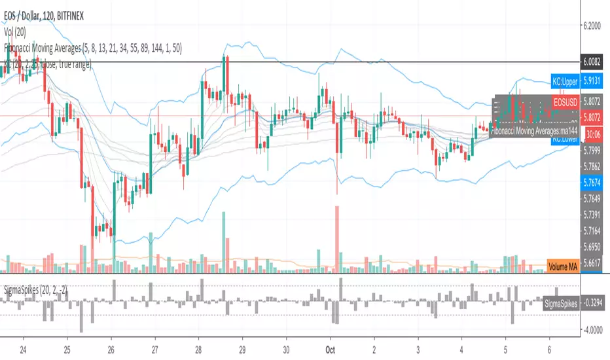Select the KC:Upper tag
[x=564, y=83]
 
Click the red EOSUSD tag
[x=564, y=103]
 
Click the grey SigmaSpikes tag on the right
[x=561, y=303]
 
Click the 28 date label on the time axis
[x=199, y=349]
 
